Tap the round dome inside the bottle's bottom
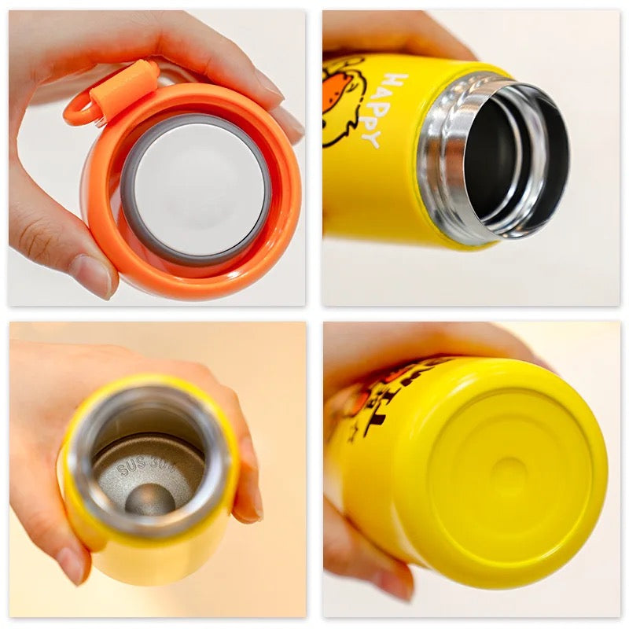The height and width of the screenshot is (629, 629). pyautogui.click(x=149, y=498)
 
